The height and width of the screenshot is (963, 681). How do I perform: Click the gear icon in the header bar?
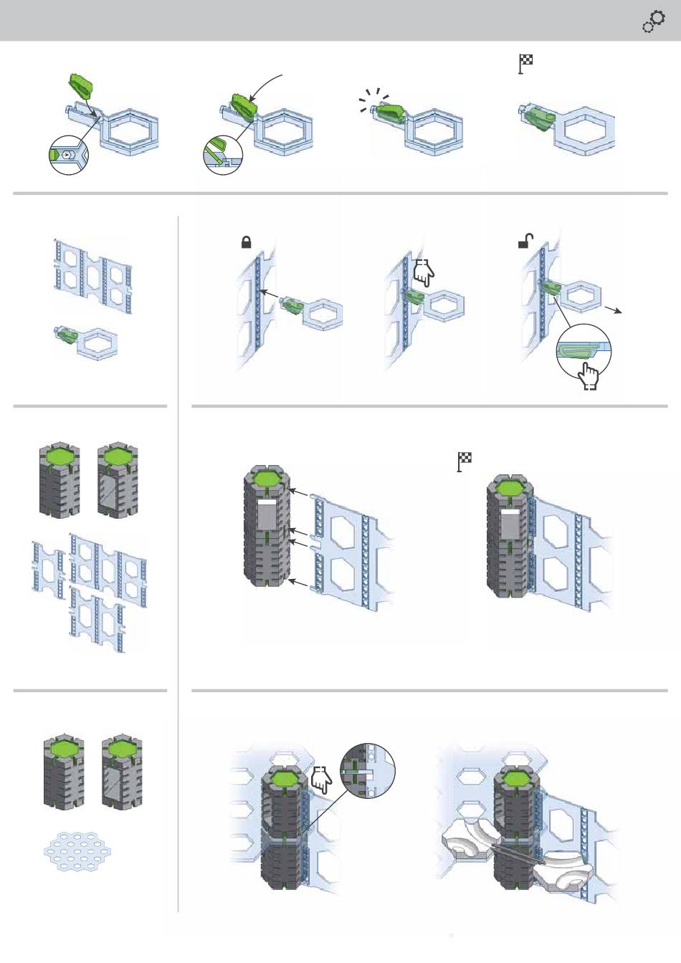(x=653, y=23)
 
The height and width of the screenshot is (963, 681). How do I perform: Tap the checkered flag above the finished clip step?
(x=526, y=64)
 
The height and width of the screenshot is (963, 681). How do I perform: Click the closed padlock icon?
(x=246, y=243)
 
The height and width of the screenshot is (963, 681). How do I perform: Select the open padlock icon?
(x=524, y=242)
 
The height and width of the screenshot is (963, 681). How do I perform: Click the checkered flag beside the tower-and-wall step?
(x=465, y=462)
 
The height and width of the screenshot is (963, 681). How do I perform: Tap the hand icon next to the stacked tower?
(x=320, y=779)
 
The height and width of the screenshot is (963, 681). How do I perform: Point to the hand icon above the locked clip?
(x=424, y=272)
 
